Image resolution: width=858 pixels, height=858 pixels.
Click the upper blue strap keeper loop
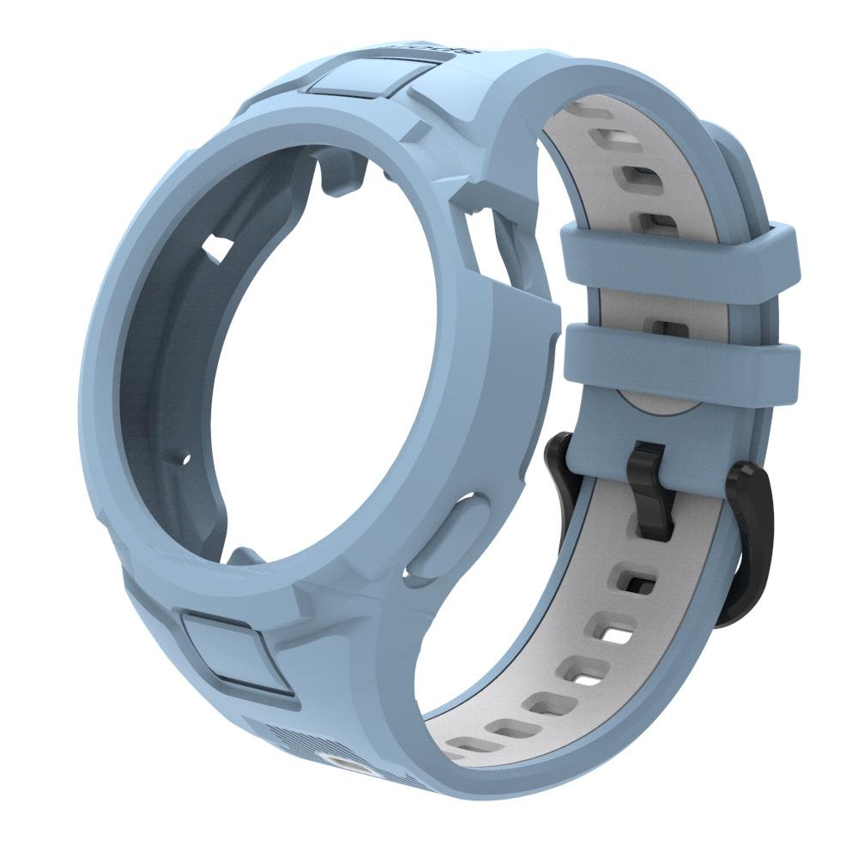[x=678, y=263]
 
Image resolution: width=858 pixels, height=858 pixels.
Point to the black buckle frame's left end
[x=559, y=455]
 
